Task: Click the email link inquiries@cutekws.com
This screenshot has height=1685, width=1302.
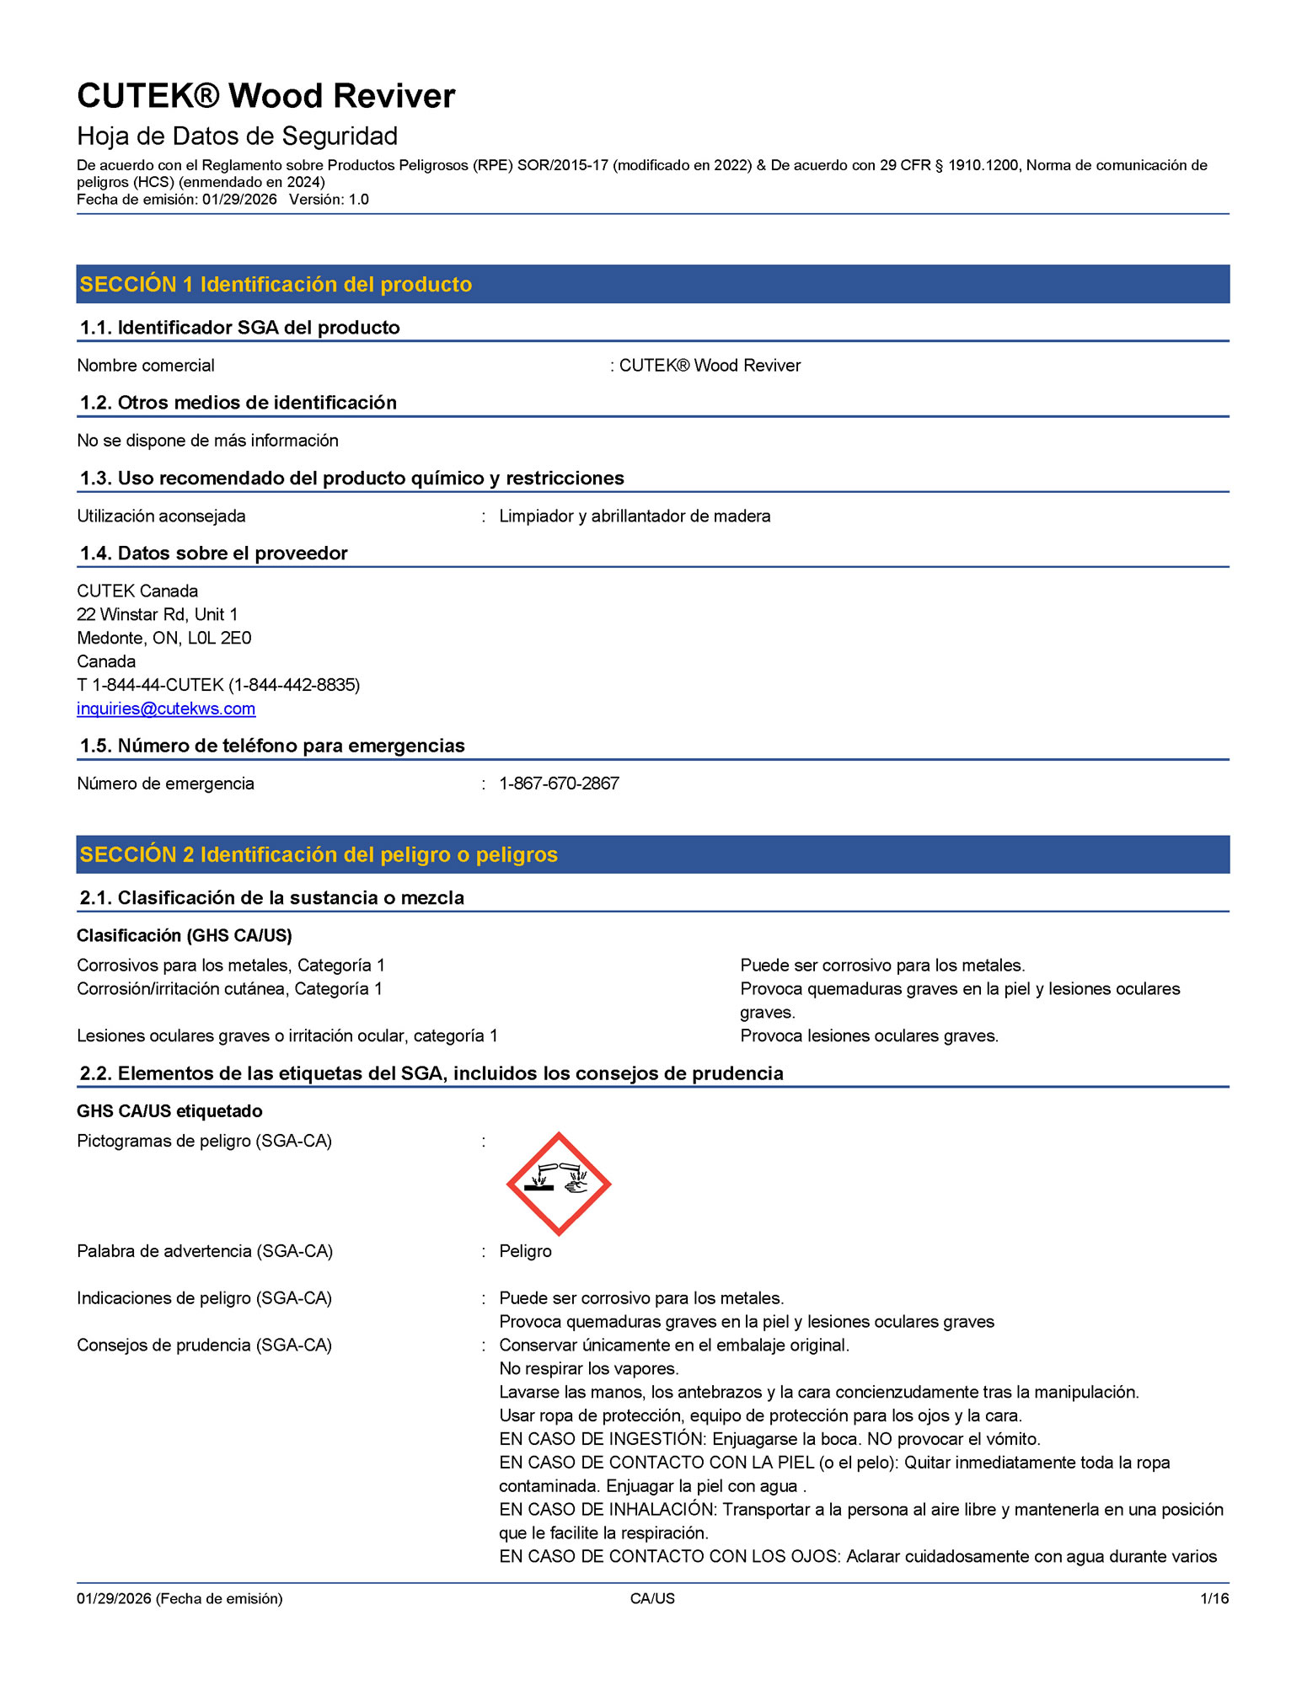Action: [x=166, y=709]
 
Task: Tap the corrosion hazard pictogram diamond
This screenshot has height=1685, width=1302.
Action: [x=558, y=1184]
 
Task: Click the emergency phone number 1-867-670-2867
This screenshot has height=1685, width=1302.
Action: [x=559, y=784]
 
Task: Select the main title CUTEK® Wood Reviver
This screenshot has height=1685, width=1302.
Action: [x=266, y=96]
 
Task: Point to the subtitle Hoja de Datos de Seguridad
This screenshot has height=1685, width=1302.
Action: [x=237, y=136]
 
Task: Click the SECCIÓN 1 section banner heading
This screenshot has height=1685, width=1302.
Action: [x=276, y=285]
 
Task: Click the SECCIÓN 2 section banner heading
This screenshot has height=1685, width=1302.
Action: [x=319, y=855]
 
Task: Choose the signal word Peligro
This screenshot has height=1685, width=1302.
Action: [x=525, y=1251]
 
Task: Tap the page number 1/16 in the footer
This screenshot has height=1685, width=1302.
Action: [x=1214, y=1598]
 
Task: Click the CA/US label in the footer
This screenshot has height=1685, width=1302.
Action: [x=652, y=1598]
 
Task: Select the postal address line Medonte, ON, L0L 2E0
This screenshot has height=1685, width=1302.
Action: [x=164, y=638]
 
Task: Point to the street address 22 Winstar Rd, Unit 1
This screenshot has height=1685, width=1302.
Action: [x=158, y=614]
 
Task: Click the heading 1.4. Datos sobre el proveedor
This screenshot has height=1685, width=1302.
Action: [x=213, y=554]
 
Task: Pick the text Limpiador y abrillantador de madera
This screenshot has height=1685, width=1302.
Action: [x=635, y=516]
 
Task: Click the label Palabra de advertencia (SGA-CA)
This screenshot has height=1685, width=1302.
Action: [x=205, y=1251]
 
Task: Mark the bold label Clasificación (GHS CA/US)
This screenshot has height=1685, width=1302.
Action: [x=185, y=935]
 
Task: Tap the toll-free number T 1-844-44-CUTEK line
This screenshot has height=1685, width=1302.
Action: [x=218, y=685]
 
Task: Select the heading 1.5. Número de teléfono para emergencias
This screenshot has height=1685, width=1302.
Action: [x=272, y=746]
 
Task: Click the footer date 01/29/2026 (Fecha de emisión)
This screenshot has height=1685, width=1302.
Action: [x=179, y=1598]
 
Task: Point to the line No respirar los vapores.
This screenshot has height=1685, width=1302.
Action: [x=589, y=1368]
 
